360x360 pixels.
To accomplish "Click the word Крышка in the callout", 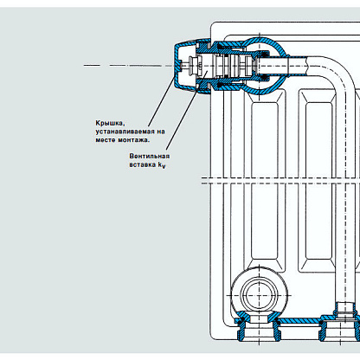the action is coord(110,123).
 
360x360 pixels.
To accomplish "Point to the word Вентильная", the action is coord(150,156).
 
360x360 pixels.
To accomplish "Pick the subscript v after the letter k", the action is coord(164,166).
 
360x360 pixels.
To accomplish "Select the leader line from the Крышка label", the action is coord(162,100).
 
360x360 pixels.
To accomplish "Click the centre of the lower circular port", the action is coord(259,295).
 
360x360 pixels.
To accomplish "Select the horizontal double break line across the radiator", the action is coord(280,180).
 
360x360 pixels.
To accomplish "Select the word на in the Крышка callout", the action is coord(161,132).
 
